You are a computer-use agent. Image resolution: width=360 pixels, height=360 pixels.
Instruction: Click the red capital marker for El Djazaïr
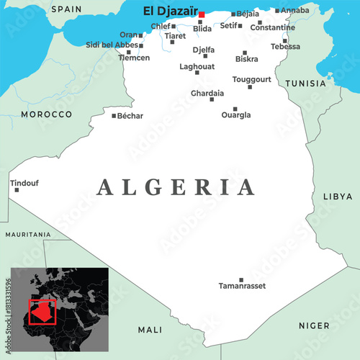coord(202,14)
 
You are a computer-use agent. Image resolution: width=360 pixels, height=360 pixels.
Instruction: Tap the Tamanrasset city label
coord(242,286)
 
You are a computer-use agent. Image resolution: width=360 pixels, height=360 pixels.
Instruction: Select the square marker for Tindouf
coord(17,190)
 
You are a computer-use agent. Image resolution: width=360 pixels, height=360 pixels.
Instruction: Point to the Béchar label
coord(130,115)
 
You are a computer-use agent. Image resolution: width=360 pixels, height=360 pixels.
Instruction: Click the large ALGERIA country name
coord(176,187)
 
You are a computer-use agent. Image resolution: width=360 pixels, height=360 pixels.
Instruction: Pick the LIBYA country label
coord(338,196)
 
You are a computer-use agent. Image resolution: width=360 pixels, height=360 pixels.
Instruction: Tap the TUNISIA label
coord(305,84)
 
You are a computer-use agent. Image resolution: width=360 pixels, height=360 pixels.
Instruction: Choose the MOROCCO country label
coord(46,114)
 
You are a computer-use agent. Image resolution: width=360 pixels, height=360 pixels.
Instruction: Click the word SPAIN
coord(66,9)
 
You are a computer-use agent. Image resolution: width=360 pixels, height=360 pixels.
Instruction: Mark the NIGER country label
coord(314,325)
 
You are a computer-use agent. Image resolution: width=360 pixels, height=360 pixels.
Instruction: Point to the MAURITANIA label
coord(28,235)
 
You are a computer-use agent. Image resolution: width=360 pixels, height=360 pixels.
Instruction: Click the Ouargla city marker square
coord(235,109)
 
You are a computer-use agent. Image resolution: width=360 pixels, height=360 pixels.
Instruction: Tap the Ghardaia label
coord(207,93)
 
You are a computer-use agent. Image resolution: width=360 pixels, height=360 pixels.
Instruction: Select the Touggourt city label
coord(252,79)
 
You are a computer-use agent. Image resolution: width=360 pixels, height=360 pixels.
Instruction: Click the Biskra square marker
coord(245,53)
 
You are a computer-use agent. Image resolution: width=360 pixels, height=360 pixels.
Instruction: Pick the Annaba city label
coord(295,10)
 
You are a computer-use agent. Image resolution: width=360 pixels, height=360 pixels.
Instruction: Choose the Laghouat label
coord(197,66)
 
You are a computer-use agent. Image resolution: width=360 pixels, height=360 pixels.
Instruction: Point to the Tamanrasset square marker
coord(241,279)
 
